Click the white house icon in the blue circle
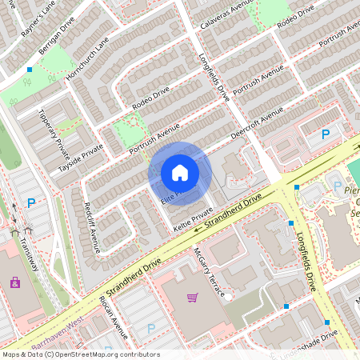pos(180,172)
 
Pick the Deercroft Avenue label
pos(258,125)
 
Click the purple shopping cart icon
pos(192,298)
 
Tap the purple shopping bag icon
pos(15,282)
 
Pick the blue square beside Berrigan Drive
pos(30,70)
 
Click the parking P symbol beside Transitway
pos(31,203)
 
